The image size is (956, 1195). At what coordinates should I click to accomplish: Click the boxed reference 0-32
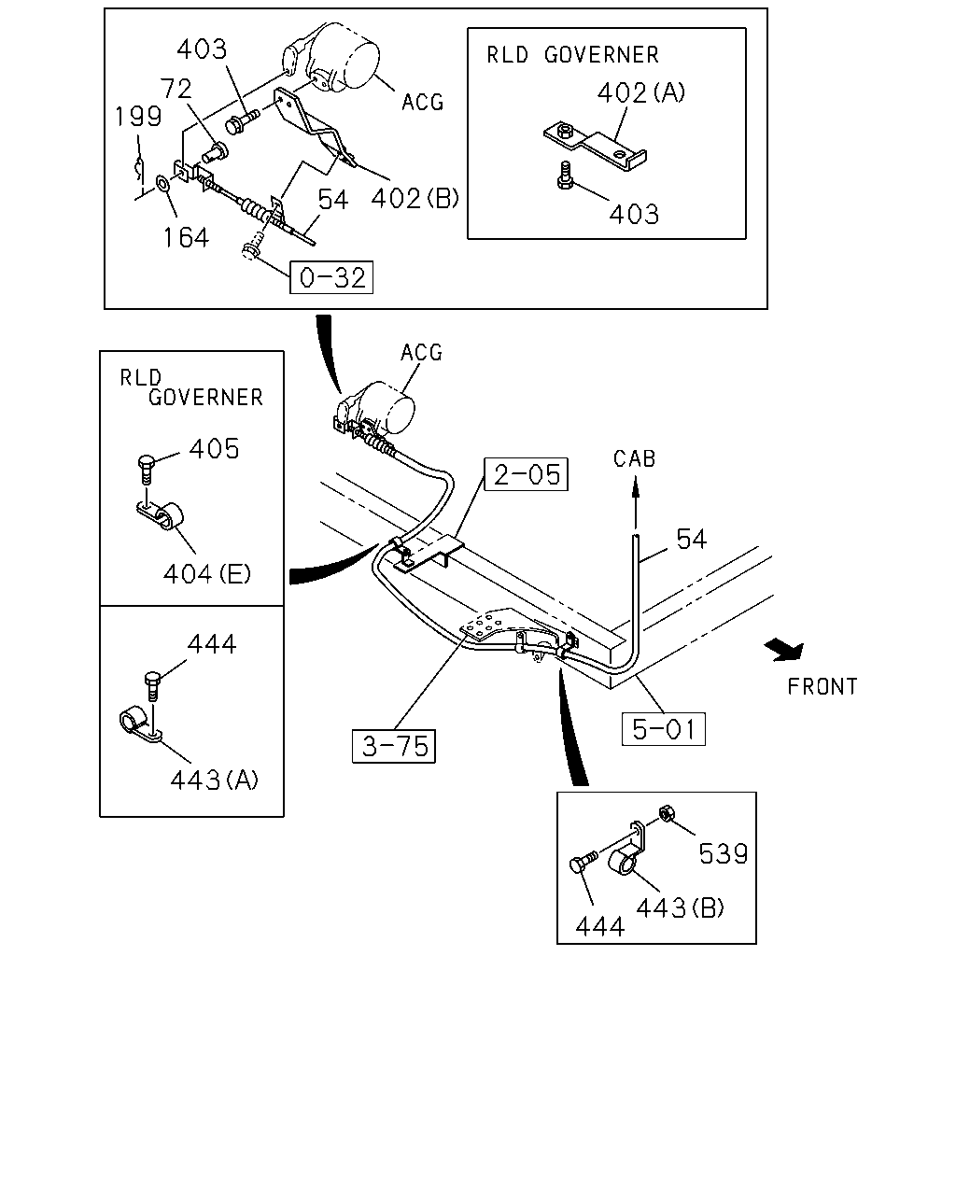(331, 277)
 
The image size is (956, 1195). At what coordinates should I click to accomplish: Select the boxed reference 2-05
(526, 474)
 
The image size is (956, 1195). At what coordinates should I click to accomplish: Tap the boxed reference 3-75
(394, 746)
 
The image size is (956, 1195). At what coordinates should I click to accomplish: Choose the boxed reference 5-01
(663, 729)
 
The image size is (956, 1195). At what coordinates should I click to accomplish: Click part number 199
(138, 117)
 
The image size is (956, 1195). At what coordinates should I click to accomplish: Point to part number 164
(186, 238)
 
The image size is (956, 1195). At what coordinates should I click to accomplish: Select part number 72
(176, 89)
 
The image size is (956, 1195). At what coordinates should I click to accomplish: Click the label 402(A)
(641, 92)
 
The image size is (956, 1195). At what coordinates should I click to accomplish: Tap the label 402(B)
(415, 198)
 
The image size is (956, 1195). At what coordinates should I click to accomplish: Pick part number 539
(724, 854)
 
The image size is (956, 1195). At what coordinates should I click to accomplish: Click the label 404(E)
(206, 573)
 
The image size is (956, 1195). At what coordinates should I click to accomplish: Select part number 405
(214, 449)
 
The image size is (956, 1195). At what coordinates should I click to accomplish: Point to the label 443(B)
(680, 907)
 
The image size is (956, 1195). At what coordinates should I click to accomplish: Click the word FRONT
(822, 687)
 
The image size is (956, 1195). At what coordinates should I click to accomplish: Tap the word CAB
(634, 458)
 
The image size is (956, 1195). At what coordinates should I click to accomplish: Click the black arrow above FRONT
(784, 650)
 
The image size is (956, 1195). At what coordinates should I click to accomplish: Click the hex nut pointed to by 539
(666, 814)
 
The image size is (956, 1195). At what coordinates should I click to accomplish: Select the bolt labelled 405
(146, 470)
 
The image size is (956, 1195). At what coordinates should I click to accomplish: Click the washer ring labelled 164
(162, 183)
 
